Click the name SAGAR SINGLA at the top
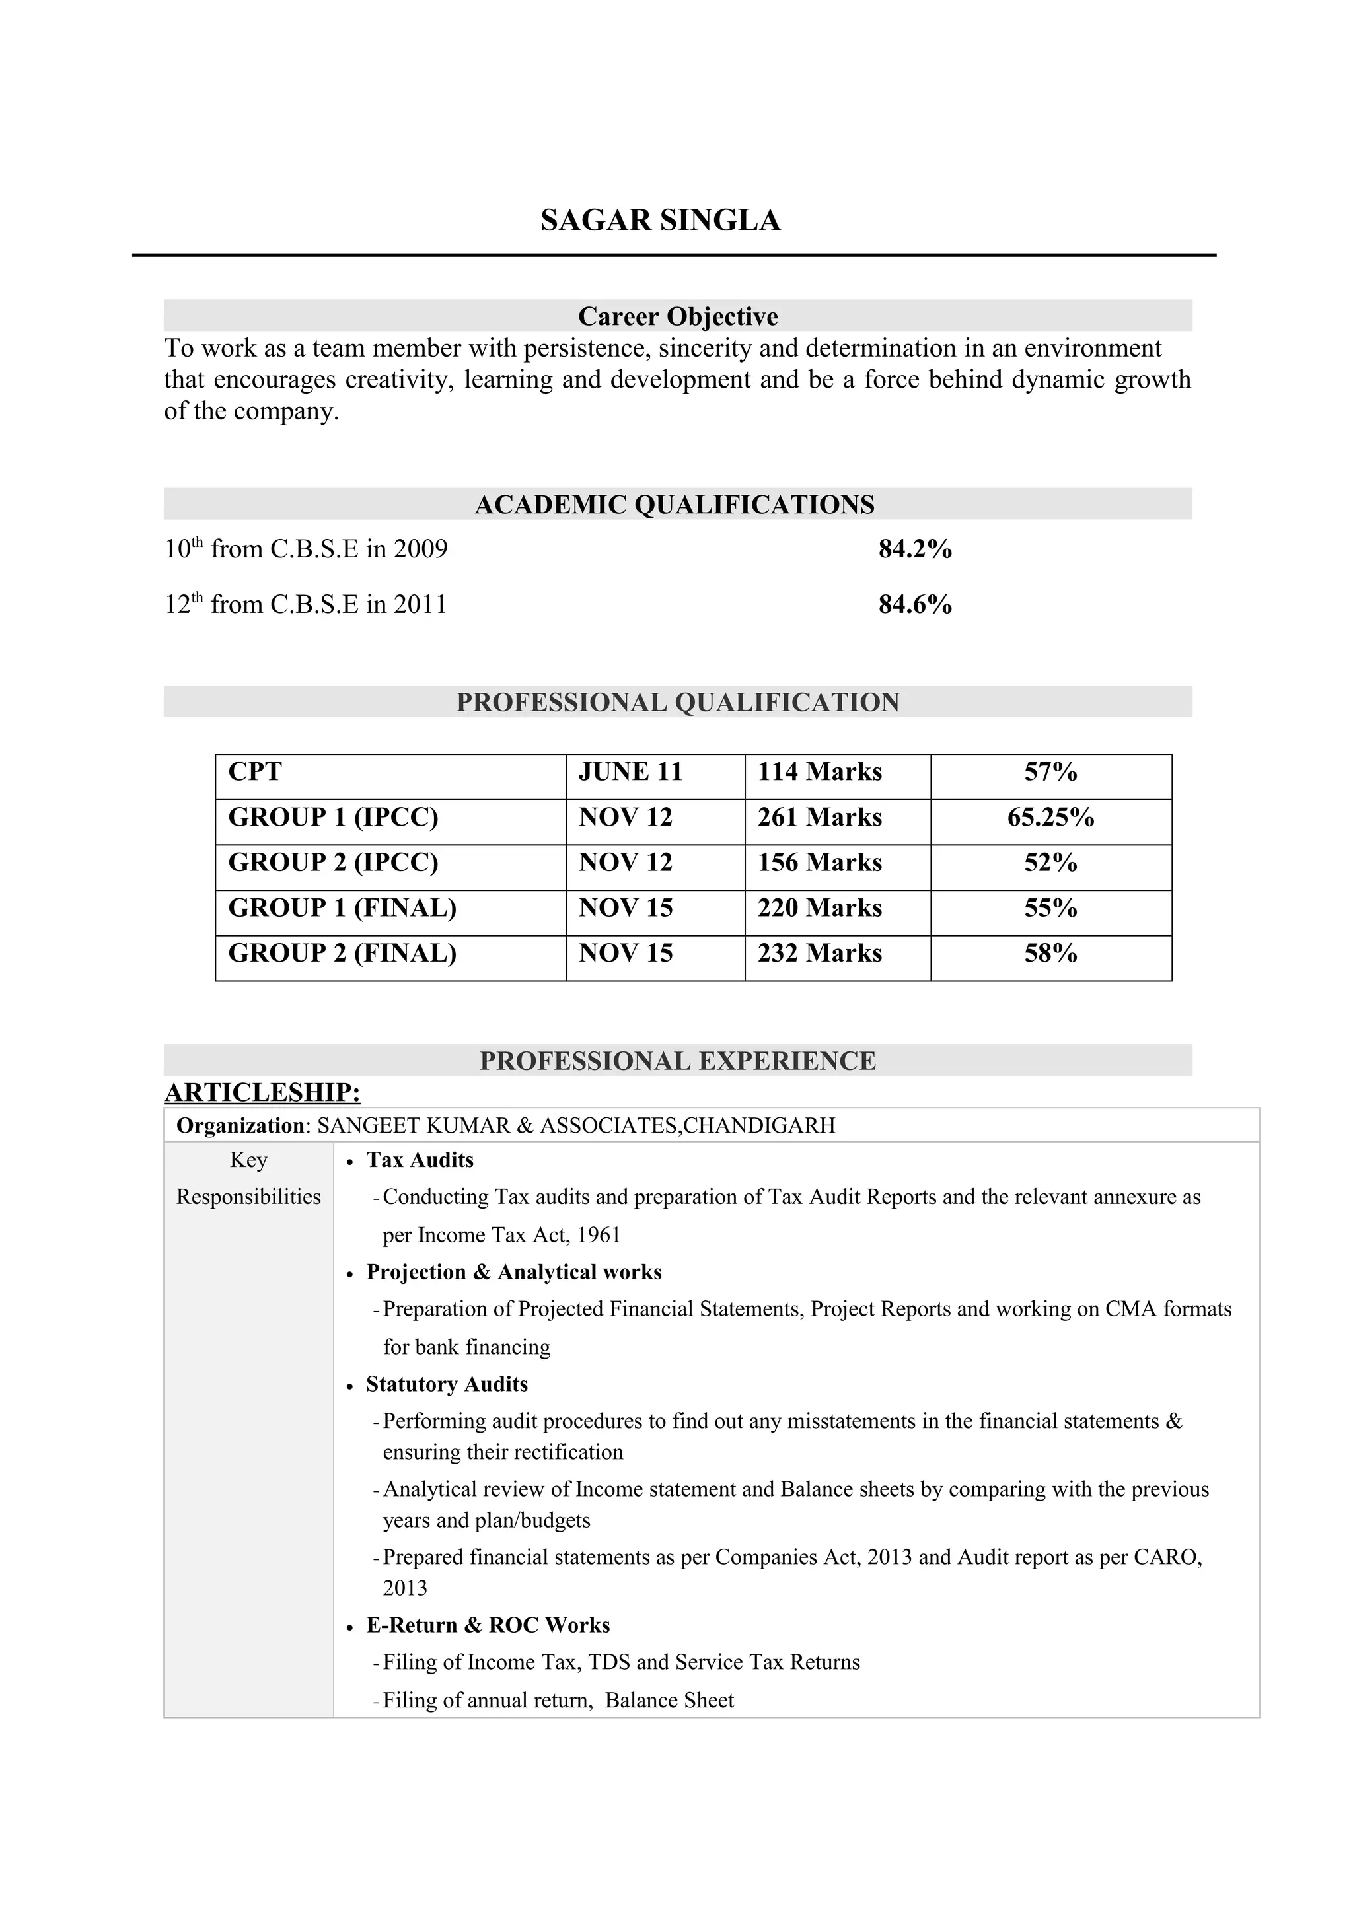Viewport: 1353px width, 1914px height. (x=660, y=220)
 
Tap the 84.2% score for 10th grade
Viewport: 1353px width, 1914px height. (x=914, y=549)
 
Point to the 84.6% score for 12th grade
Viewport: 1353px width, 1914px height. (x=914, y=604)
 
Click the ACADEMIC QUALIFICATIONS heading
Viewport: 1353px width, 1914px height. (x=675, y=505)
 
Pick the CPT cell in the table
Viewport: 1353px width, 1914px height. (x=255, y=772)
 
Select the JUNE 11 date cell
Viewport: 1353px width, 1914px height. (x=630, y=772)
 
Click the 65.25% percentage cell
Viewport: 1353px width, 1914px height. (x=1050, y=817)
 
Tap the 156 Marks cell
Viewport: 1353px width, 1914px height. (x=819, y=862)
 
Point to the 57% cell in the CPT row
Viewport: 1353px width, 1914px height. (x=1050, y=772)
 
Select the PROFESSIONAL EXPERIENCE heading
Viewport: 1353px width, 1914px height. (x=677, y=1061)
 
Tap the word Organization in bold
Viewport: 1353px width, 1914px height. (x=240, y=1125)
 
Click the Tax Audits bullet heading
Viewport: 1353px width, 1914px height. (x=420, y=1160)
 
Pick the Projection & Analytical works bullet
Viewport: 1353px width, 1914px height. (x=513, y=1271)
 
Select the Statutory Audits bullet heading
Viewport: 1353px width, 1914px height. (x=447, y=1384)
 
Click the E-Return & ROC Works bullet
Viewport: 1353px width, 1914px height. (x=488, y=1625)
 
